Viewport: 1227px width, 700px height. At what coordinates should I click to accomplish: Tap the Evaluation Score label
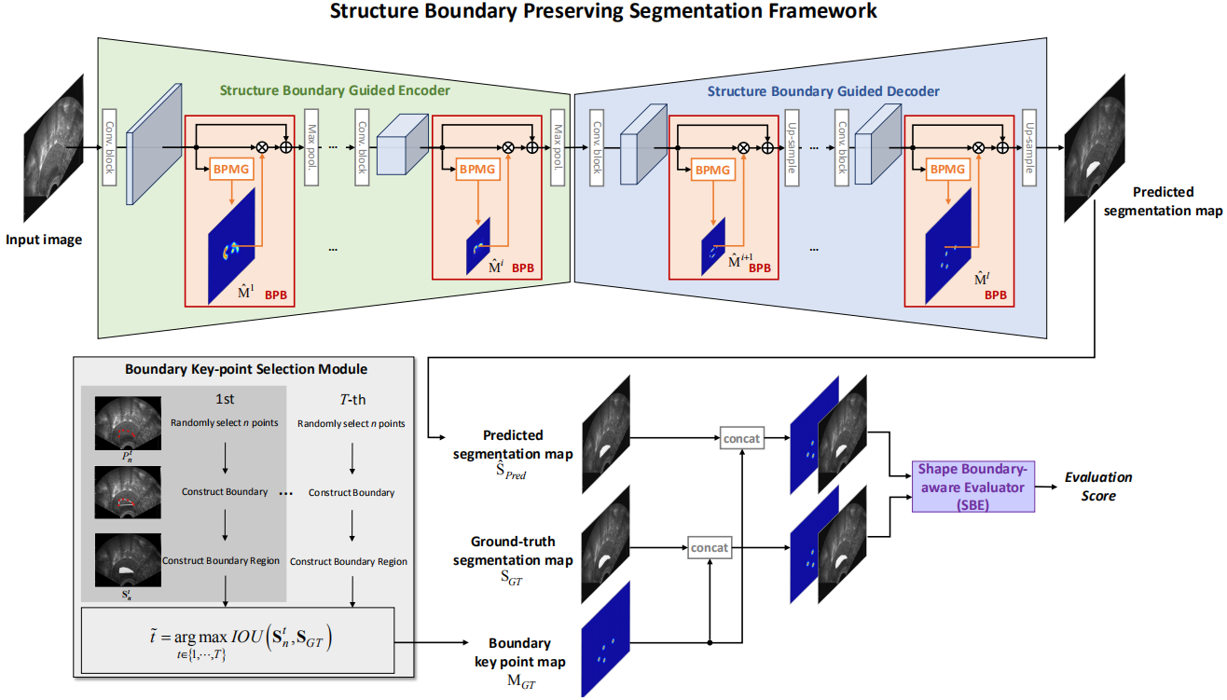point(1098,486)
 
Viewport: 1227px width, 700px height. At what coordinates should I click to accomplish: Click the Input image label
point(44,240)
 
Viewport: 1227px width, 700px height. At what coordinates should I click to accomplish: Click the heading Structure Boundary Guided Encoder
point(335,90)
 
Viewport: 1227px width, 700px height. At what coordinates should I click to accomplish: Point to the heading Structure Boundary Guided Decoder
point(823,91)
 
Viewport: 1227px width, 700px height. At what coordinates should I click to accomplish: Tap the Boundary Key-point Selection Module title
point(246,369)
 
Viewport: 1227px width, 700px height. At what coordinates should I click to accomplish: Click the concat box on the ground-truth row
point(709,547)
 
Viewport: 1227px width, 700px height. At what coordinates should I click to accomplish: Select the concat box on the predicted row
point(741,436)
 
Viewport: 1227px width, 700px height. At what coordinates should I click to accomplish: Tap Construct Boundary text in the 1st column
point(225,492)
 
